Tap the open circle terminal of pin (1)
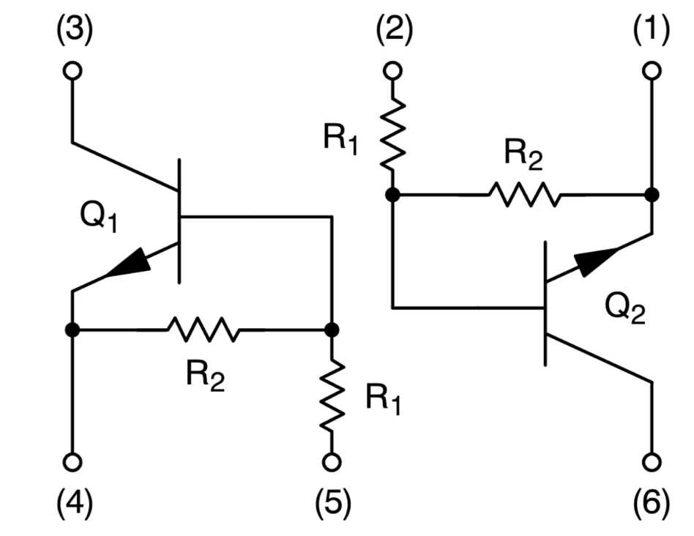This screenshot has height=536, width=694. click(x=651, y=70)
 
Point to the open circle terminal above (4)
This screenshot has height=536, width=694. click(x=72, y=462)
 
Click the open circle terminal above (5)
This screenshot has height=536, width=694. click(x=332, y=462)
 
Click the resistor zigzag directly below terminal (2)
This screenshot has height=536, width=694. click(x=393, y=134)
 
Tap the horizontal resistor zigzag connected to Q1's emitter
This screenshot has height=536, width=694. click(x=203, y=330)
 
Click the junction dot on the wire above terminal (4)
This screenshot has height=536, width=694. click(x=72, y=330)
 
